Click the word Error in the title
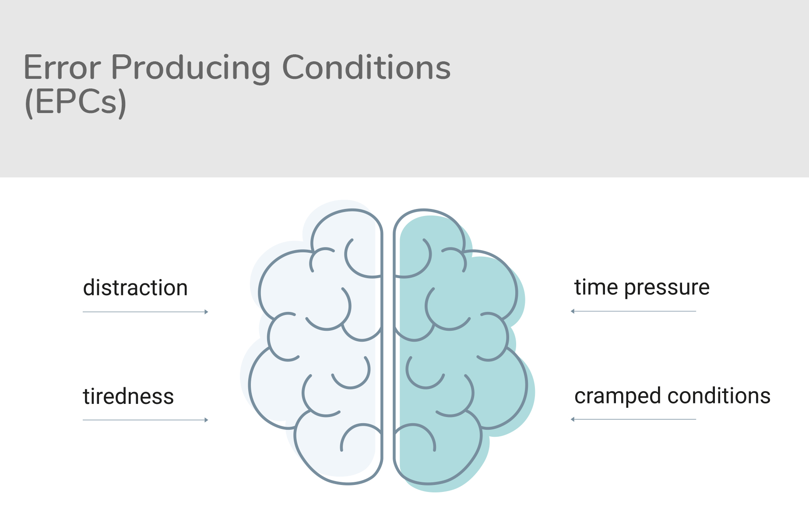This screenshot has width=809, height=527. [x=62, y=67]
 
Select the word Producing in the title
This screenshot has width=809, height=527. [x=191, y=69]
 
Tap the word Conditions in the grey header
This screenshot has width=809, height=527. [x=366, y=67]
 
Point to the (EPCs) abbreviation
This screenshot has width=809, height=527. [x=76, y=102]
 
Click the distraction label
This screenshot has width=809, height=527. [x=135, y=288]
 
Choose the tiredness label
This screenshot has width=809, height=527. [x=128, y=396]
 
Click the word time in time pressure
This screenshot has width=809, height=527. [x=596, y=287]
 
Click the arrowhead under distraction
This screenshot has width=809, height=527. [x=206, y=312]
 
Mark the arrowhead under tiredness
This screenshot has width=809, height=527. [x=206, y=420]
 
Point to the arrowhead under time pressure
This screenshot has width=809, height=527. [x=573, y=311]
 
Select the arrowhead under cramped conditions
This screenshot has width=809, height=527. [x=573, y=420]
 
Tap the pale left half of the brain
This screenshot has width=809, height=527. [x=315, y=350]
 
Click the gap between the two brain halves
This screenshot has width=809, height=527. [x=388, y=350]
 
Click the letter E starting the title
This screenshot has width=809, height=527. [x=32, y=67]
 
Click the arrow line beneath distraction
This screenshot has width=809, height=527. [x=145, y=312]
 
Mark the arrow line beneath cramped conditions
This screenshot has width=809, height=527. [x=633, y=420]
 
